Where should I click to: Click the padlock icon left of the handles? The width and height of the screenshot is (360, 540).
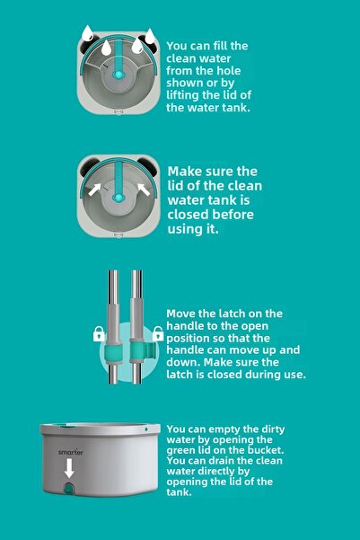click(98, 335)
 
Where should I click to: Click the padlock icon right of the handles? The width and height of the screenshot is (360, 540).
click(158, 335)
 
